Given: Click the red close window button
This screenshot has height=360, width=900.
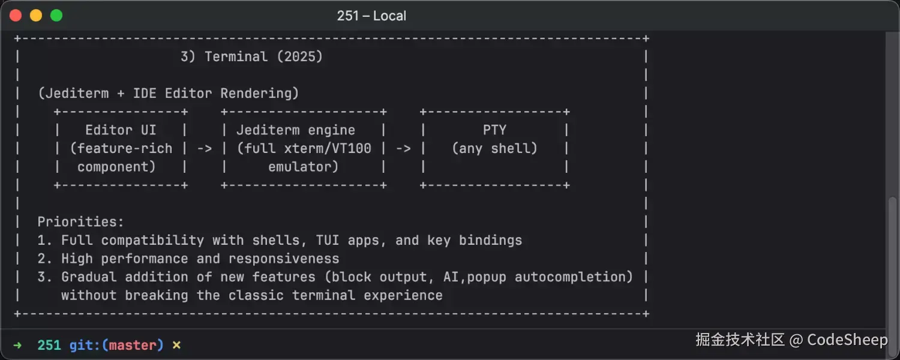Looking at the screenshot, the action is [x=16, y=16].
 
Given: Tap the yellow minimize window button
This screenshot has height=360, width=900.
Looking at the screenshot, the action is [x=36, y=16].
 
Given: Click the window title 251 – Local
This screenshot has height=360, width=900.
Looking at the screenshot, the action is [x=371, y=16].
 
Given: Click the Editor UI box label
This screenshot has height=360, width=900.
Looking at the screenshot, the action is [x=121, y=130].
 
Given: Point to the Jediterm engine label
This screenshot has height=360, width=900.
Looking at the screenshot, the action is [x=295, y=130].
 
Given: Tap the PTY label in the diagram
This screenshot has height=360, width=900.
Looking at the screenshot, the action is [x=494, y=130].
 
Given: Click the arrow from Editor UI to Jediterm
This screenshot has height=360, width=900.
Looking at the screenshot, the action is [x=205, y=148].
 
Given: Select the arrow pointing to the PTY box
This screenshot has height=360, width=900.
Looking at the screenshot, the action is [x=403, y=148].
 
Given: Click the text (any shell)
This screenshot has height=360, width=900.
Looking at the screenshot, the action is [x=494, y=148].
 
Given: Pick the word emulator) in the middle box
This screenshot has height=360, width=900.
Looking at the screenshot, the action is [x=303, y=167].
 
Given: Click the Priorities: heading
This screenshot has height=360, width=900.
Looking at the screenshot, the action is [x=80, y=222].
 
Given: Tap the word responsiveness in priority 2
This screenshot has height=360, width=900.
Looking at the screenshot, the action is [x=284, y=259].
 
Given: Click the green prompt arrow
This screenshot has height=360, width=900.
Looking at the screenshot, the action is [x=17, y=345].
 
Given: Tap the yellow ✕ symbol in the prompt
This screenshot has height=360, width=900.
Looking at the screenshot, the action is [x=176, y=345].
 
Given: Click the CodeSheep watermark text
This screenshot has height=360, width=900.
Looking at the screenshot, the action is [x=847, y=340].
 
